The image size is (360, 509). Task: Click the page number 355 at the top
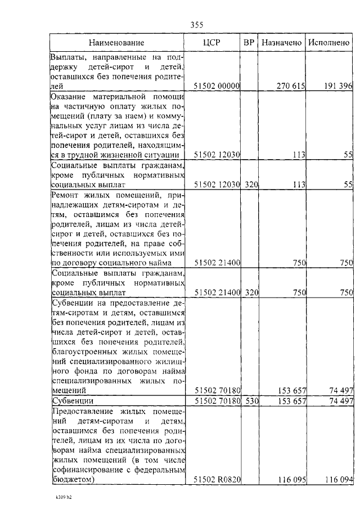click(x=196, y=24)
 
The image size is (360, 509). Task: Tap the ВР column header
click(x=249, y=42)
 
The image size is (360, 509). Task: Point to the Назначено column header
click(x=282, y=42)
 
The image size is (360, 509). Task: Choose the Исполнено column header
click(x=330, y=42)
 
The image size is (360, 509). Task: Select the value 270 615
click(x=291, y=86)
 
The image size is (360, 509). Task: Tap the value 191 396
click(x=339, y=86)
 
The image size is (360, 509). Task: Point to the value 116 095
click(x=291, y=479)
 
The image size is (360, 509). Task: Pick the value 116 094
click(x=339, y=479)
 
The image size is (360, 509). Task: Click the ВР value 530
click(x=251, y=401)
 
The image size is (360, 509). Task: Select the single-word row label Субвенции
click(x=72, y=401)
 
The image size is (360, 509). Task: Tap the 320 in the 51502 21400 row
click(x=251, y=292)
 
